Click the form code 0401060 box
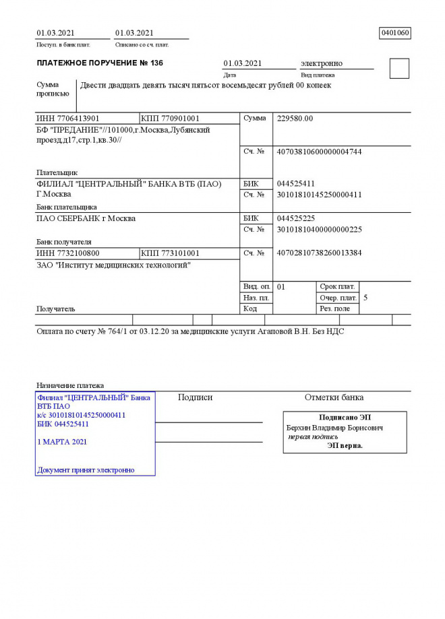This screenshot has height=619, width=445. click(395, 32)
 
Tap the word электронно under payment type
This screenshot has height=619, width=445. click(321, 63)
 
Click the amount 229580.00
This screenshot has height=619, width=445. click(295, 119)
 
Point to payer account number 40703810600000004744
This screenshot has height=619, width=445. click(320, 152)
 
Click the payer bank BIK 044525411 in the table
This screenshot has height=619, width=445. click(296, 183)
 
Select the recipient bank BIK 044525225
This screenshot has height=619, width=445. click(296, 218)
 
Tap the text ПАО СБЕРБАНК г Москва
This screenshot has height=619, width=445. click(86, 218)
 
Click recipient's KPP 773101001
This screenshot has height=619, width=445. click(170, 253)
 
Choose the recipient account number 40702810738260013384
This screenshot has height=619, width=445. click(320, 253)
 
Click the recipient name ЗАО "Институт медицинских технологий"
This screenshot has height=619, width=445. click(113, 265)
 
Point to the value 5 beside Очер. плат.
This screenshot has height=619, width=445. click(365, 297)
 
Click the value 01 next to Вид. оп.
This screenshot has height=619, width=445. click(281, 286)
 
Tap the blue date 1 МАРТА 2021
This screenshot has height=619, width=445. click(62, 442)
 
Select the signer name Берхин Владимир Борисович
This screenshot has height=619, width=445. click(334, 428)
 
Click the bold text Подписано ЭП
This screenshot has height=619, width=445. click(345, 418)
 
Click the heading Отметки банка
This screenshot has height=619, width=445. click(334, 397)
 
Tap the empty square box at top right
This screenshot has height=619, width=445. click(399, 69)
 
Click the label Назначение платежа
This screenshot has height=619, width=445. click(69, 385)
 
